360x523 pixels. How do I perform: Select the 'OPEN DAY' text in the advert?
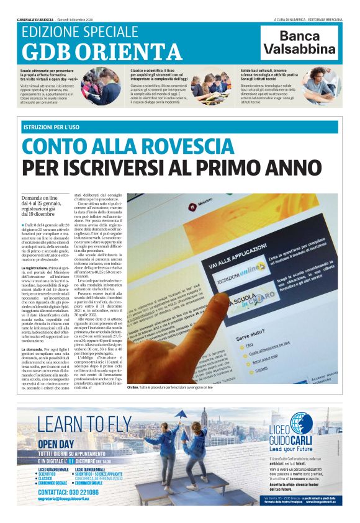coord(56,444)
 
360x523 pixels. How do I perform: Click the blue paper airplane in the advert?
coord(182,414)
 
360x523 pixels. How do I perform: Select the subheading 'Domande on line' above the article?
coord(41,198)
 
